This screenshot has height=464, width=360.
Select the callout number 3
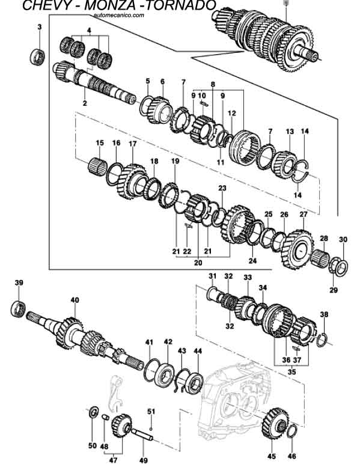click(40, 27)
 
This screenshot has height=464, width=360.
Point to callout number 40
click(75, 300)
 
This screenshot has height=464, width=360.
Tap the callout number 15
click(100, 142)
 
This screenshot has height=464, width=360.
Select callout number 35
click(292, 372)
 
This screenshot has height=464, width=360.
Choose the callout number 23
click(222, 188)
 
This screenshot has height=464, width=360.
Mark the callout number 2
click(85, 103)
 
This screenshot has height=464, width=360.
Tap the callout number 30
click(343, 240)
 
